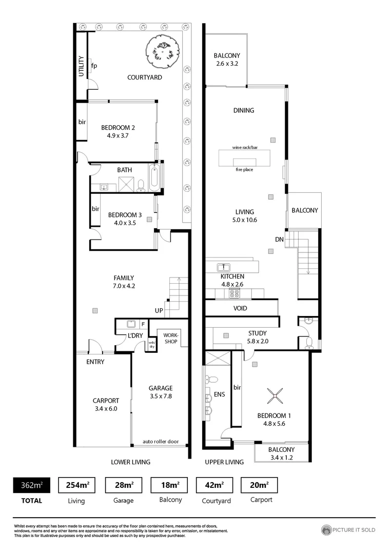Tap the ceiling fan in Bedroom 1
276,394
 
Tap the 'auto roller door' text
161,441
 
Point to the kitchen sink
223,267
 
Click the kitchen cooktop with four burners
234,293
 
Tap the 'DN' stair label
279,239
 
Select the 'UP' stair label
159,311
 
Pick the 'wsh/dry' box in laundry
152,345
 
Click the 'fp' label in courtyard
94,66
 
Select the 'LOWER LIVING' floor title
131,462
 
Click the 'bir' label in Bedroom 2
82,123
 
